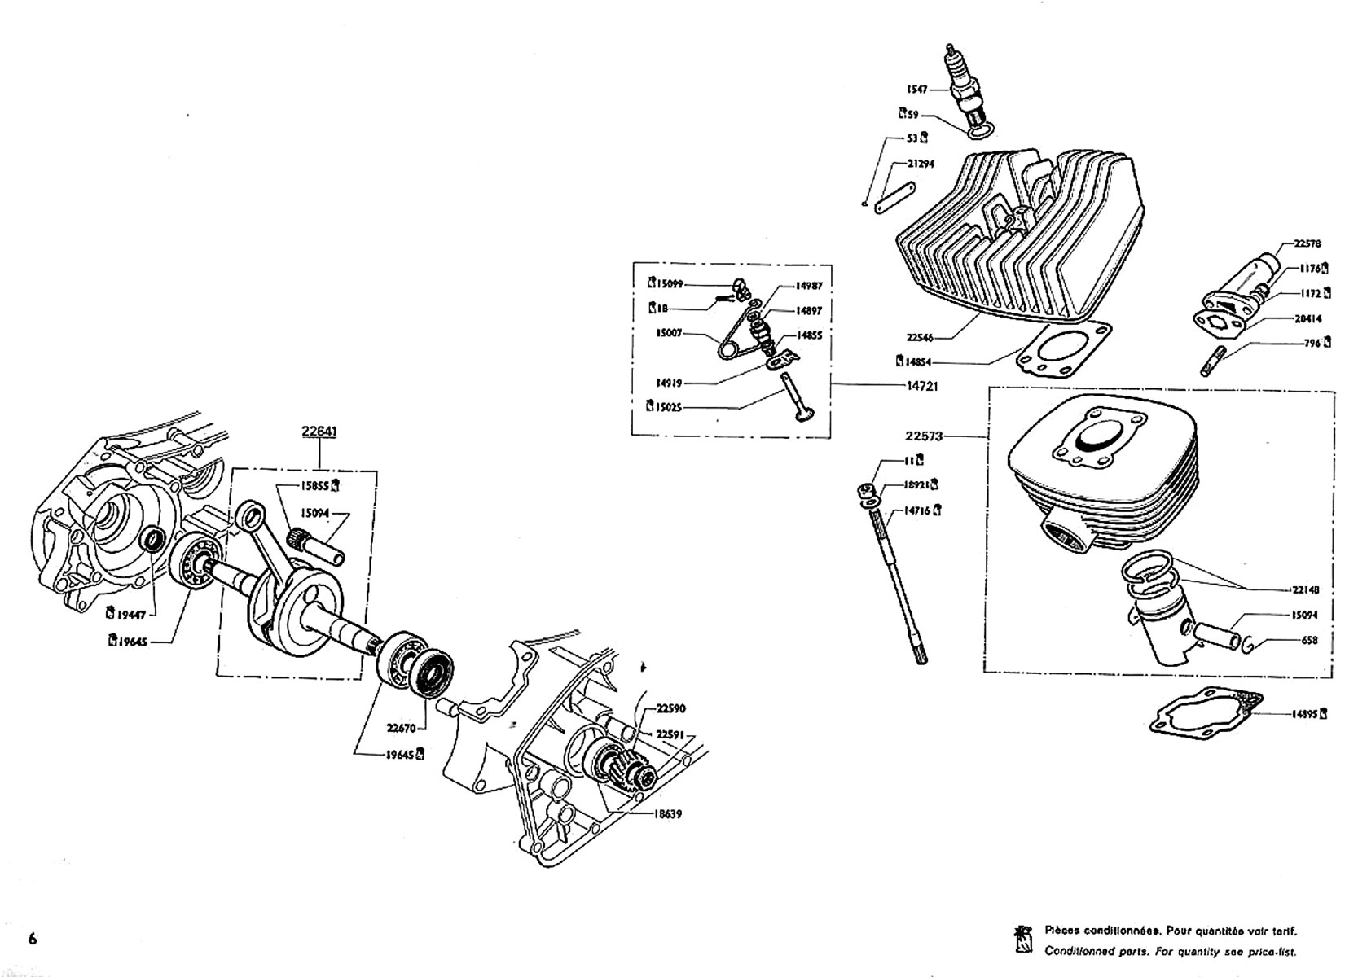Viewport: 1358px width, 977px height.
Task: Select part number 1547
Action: [917, 89]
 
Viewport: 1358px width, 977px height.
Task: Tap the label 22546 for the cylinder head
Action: [919, 336]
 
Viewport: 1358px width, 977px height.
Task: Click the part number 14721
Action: [921, 386]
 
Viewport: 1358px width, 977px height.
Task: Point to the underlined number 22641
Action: [319, 432]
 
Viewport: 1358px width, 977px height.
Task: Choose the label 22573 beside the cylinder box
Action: [923, 436]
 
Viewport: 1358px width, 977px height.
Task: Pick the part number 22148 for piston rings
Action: [1305, 589]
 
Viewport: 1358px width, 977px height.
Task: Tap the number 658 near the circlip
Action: [1309, 641]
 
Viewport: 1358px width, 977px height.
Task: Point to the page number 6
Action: [33, 939]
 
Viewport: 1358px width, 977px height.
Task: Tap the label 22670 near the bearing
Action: [402, 729]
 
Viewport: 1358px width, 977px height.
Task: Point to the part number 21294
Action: [921, 164]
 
